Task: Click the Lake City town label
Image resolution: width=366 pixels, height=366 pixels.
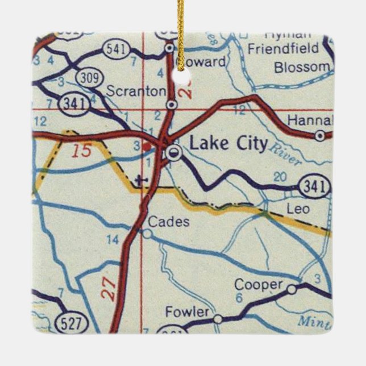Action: coord(228,144)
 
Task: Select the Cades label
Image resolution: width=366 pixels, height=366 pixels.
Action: coord(169,222)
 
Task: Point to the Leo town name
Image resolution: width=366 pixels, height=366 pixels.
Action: coord(298,209)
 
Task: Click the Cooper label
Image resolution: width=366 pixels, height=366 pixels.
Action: coord(259,285)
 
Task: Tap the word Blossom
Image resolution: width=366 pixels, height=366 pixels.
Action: coord(301,68)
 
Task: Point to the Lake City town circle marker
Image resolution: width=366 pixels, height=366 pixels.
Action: coord(173,152)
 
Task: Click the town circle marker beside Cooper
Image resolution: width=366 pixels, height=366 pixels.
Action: coord(292,289)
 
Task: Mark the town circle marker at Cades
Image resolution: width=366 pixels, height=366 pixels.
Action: coord(147,233)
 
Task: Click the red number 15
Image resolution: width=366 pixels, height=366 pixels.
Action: coord(81,152)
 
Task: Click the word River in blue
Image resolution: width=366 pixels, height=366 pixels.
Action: coord(286,155)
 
